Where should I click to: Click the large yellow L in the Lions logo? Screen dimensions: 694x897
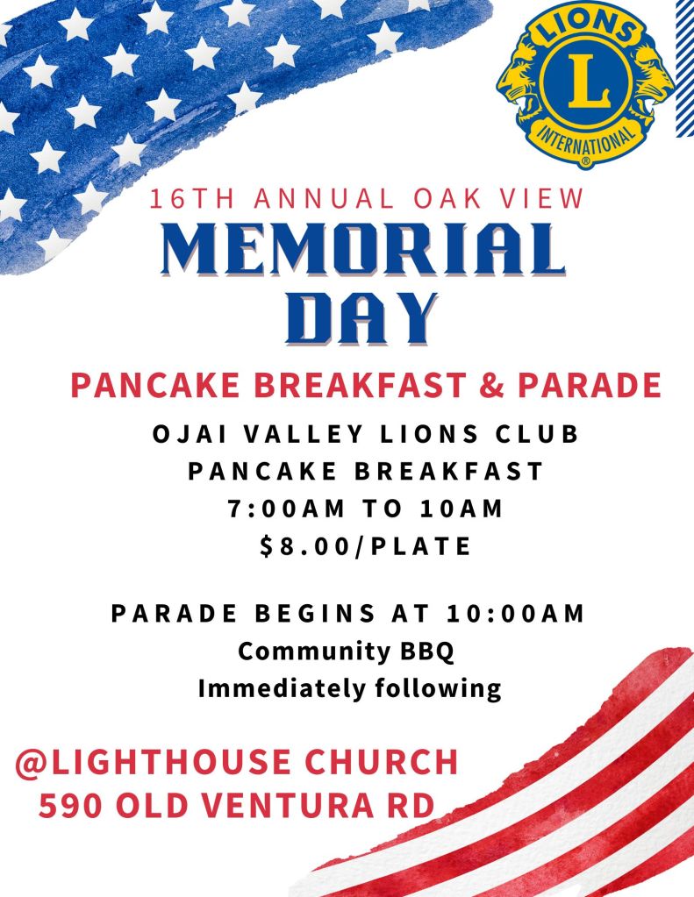tap(584, 81)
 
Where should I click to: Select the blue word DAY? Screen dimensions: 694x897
tap(361, 318)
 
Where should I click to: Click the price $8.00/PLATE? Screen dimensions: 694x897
tap(365, 546)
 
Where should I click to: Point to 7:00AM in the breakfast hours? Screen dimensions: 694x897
tap(286, 509)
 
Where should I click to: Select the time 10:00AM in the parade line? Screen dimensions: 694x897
tap(515, 613)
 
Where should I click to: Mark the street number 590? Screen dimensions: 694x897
tap(70, 806)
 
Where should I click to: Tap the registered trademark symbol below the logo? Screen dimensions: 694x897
tap(585, 161)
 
